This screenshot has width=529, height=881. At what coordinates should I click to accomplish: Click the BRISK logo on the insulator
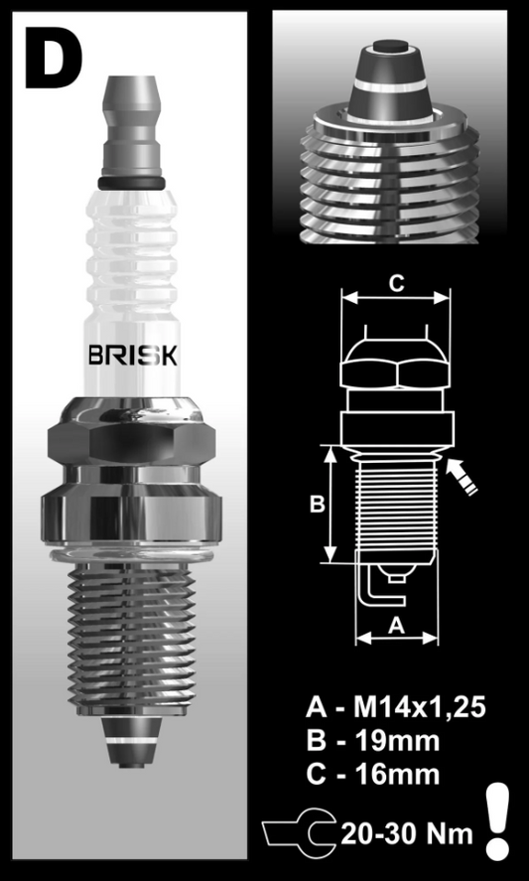point(133,357)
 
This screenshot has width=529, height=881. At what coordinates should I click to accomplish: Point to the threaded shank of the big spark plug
point(132,636)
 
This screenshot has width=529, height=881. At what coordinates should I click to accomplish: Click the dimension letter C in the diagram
point(395,283)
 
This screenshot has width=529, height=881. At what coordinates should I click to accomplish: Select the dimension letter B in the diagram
point(316,505)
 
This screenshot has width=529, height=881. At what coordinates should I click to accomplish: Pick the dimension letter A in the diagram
point(395,625)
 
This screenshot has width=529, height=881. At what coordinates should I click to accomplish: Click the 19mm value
point(397,741)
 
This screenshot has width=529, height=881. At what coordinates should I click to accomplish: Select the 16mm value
point(397,773)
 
